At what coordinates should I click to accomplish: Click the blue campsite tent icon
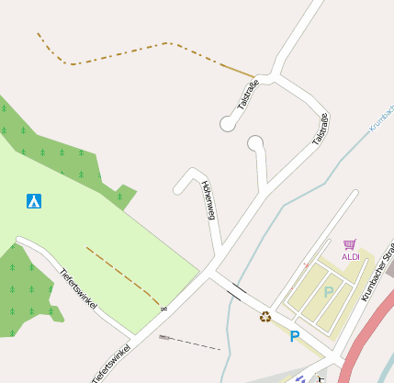point(34,200)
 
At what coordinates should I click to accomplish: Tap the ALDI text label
point(351,257)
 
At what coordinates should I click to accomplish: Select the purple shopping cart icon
point(350,244)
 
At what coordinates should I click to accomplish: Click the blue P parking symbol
point(295,336)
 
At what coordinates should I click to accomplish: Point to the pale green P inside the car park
point(328,292)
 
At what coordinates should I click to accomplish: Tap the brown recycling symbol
point(265,317)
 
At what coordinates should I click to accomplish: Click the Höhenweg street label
point(208,200)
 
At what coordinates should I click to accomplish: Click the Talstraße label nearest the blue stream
point(320,129)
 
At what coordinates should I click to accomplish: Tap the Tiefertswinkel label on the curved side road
point(78,287)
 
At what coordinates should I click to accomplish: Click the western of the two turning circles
point(227,123)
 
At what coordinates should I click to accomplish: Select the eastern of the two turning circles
point(255,142)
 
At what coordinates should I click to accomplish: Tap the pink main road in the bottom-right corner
point(372,331)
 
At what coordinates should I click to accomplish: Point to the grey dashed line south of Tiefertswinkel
point(193,344)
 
